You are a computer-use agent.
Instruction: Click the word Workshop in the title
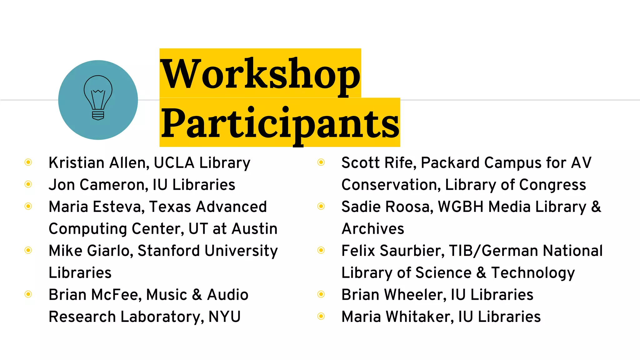[260, 74]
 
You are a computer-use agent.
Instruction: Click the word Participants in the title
[280, 123]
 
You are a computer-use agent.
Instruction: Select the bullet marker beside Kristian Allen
[28, 162]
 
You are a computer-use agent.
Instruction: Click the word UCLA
[174, 163]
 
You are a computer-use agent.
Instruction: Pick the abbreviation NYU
[224, 317]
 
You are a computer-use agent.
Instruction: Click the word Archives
[373, 229]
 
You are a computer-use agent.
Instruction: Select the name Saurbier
[412, 251]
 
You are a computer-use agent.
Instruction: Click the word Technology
[533, 273]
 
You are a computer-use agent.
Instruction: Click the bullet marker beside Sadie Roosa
[321, 206]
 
